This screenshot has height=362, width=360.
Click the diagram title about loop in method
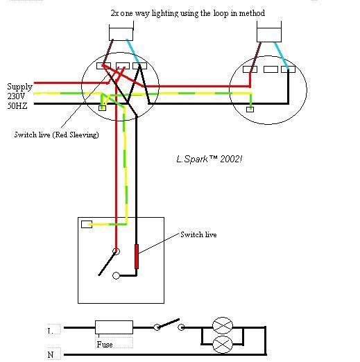[x=188, y=13]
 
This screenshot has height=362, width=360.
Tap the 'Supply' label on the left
[x=19, y=87]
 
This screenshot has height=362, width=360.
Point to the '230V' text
[x=16, y=96]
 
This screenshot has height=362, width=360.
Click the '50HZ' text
[x=17, y=106]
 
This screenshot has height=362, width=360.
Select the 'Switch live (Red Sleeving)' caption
[x=57, y=135]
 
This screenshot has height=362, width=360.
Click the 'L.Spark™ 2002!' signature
[x=209, y=159]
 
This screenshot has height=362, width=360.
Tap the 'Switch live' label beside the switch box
[x=198, y=234]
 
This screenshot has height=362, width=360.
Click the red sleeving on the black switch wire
[x=137, y=257]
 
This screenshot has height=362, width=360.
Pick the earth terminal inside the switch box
[x=87, y=224]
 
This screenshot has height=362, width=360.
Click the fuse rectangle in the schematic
[x=114, y=327]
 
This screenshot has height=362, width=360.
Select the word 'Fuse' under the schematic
[x=105, y=345]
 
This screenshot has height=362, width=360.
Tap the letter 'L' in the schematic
[x=50, y=331]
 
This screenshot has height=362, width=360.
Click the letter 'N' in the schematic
[x=51, y=354]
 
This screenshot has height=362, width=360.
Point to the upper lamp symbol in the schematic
[x=223, y=326]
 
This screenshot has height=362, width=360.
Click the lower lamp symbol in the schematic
[x=223, y=345]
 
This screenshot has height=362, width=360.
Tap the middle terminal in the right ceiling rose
[x=271, y=69]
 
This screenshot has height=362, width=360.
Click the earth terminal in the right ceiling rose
[x=250, y=110]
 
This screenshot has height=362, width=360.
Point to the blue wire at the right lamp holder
[x=281, y=55]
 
